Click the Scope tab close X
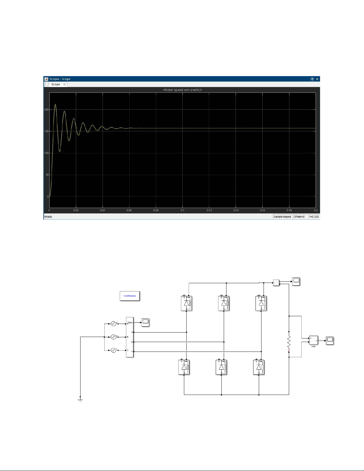[x=64, y=84]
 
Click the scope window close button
[x=317, y=79]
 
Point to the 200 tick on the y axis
[x=46, y=110]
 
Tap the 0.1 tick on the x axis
[x=182, y=210]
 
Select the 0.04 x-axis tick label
[x=103, y=210]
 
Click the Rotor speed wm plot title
[x=182, y=90]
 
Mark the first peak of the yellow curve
[x=55, y=104]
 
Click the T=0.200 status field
[x=313, y=217]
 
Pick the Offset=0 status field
[x=299, y=217]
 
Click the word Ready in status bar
[x=48, y=217]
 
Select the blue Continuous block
[x=130, y=296]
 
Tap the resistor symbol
[x=289, y=342]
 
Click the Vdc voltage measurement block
[x=313, y=340]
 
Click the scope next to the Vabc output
[x=145, y=322]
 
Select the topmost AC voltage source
[x=113, y=324]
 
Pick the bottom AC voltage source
[x=113, y=351]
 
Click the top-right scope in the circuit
[x=296, y=281]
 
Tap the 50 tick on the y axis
[x=47, y=175]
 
